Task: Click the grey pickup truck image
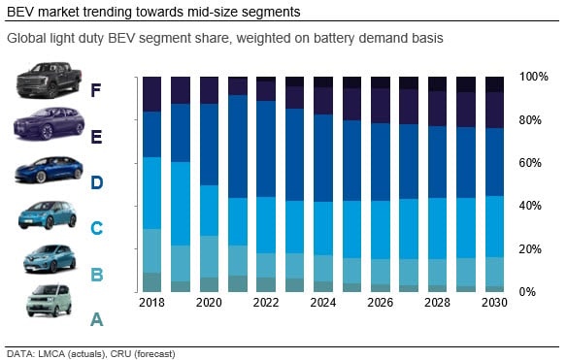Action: click(49, 81)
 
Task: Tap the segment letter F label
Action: click(95, 90)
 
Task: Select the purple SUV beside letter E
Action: click(49, 123)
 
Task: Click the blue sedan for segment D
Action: click(49, 170)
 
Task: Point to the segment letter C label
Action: click(96, 228)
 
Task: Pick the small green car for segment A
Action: click(49, 301)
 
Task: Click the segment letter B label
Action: click(96, 275)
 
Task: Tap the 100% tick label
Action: click(534, 77)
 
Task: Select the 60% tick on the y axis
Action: click(530, 163)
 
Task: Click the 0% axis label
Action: click(527, 292)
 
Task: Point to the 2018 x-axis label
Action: click(151, 303)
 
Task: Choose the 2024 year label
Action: click(323, 303)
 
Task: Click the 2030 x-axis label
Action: click(494, 303)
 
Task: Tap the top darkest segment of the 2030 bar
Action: click(494, 84)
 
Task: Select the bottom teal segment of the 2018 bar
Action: click(151, 282)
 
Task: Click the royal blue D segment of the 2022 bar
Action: click(266, 148)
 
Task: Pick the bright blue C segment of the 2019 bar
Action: click(181, 204)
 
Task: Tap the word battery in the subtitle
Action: click(334, 38)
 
